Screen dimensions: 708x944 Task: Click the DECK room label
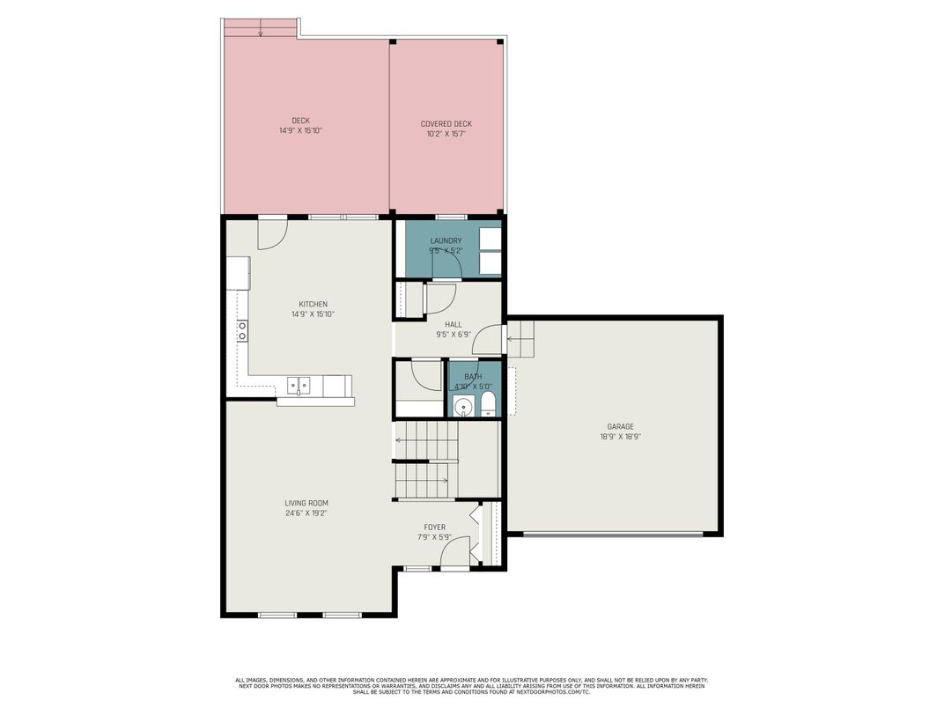(x=300, y=121)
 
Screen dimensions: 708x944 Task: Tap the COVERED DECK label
(x=446, y=124)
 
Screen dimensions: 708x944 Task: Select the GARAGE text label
(x=620, y=426)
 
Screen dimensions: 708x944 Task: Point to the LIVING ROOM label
(x=306, y=503)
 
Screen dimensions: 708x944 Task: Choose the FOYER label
(x=434, y=527)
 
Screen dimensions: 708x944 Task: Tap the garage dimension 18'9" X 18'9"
(x=620, y=436)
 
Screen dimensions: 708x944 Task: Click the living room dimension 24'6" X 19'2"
(x=306, y=513)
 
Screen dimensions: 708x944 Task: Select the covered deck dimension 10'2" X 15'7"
(x=446, y=134)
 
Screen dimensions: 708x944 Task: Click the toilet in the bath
(x=489, y=405)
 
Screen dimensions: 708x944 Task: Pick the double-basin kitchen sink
(x=299, y=384)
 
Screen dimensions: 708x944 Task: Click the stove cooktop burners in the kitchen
(x=241, y=330)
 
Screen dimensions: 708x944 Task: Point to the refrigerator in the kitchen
(x=238, y=273)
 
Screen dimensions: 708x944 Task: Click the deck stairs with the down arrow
(x=261, y=28)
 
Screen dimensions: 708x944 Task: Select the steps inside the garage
(x=520, y=338)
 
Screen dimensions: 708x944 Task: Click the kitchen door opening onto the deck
(x=271, y=232)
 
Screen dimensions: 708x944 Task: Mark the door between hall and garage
(x=493, y=340)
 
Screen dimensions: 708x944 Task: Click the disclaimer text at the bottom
(x=471, y=686)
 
